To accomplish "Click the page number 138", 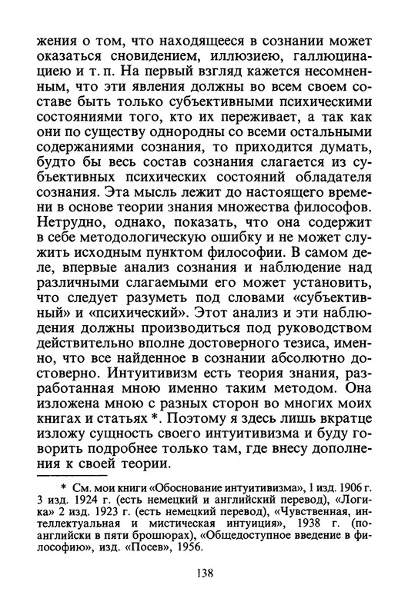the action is [x=203, y=593].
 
